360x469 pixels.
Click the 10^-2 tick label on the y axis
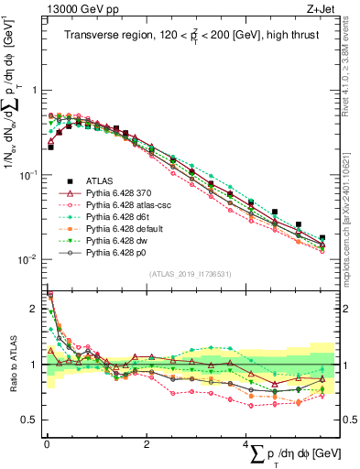click(30, 259)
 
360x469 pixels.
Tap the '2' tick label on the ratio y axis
click(35, 309)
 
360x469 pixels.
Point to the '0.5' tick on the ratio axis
click(31, 420)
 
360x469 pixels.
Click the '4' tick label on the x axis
click(245, 443)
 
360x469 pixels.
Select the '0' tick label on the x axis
click(47, 443)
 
